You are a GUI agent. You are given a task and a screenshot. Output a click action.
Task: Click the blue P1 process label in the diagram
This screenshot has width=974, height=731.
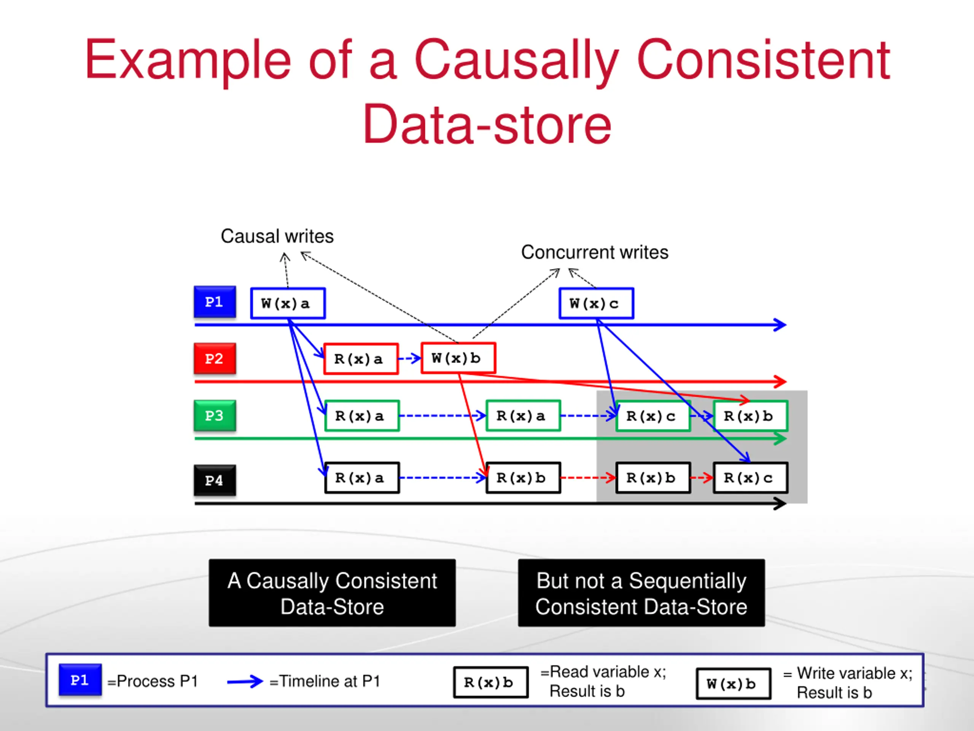(215, 302)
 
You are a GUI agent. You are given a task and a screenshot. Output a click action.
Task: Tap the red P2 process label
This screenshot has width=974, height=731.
(215, 359)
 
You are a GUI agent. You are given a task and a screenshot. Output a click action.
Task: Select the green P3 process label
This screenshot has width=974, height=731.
(215, 415)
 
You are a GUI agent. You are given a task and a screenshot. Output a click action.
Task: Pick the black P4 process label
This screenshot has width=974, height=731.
(215, 480)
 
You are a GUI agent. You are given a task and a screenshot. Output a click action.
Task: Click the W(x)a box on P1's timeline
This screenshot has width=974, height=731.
(288, 303)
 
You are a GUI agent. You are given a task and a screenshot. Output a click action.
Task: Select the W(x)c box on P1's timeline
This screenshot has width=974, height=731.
(596, 303)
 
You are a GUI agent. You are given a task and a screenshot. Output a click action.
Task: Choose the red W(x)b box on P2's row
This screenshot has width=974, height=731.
(458, 358)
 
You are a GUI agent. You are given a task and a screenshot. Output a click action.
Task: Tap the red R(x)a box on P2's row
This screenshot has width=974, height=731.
(361, 359)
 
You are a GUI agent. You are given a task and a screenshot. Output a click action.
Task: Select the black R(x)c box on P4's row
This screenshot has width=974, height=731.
(750, 478)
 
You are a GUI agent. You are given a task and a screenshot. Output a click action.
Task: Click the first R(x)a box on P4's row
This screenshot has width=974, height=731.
(362, 478)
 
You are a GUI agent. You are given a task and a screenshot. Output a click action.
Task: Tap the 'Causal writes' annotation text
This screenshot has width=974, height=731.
(277, 236)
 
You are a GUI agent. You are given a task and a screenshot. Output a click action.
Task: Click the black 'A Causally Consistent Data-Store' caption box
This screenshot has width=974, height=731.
(333, 593)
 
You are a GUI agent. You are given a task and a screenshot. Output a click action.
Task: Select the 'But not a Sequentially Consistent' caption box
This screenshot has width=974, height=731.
(641, 593)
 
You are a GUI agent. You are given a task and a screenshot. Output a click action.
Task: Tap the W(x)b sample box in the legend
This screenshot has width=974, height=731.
(734, 684)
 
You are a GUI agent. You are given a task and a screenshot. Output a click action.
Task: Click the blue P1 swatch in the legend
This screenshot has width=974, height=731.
(80, 680)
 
